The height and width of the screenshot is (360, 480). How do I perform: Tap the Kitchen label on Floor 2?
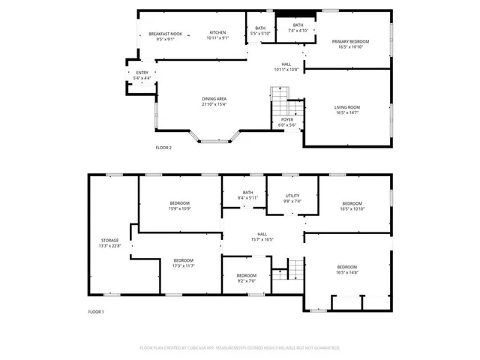217,33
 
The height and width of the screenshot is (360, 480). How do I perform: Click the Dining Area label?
214,99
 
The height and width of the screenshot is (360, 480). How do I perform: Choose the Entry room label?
142,73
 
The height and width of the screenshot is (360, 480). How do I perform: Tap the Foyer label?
287,119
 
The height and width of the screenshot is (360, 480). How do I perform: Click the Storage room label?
109,241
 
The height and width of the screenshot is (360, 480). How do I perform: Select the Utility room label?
292,196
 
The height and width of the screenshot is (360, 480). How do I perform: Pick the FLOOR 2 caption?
163,148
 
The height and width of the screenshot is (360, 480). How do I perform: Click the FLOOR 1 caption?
96,311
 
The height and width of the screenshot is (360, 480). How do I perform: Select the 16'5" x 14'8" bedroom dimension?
346,273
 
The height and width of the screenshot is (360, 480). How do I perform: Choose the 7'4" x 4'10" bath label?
298,30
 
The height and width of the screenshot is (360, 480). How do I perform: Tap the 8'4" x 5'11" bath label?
247,197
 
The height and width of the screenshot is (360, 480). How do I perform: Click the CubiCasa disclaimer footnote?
240,348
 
